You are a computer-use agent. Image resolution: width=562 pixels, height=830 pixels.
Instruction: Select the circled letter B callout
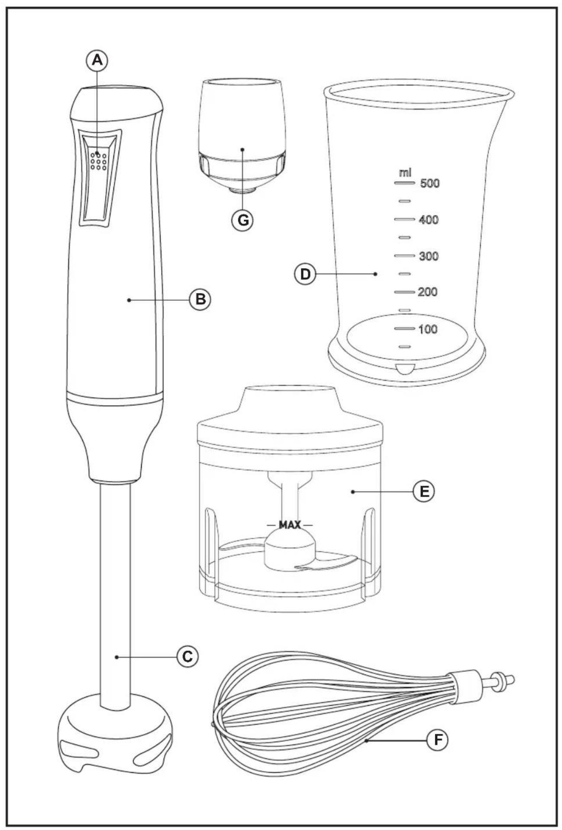tap(200, 299)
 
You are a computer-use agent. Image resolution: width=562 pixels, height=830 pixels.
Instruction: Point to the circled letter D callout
tap(305, 274)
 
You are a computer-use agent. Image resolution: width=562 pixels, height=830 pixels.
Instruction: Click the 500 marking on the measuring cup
tap(430, 184)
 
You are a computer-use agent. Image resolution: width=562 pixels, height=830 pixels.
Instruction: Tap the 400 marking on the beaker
tap(429, 220)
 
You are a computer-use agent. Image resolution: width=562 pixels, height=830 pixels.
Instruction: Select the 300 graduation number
tap(429, 256)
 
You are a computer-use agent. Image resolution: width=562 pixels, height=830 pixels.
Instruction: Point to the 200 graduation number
tap(428, 292)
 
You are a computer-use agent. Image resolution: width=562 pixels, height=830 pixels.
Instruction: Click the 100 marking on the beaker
tap(428, 329)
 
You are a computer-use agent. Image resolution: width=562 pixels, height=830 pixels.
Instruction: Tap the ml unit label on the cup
tap(405, 173)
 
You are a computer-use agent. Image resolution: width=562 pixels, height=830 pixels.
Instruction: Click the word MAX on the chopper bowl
tap(290, 525)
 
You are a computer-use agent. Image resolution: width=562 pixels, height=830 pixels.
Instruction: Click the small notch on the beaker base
tap(405, 369)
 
